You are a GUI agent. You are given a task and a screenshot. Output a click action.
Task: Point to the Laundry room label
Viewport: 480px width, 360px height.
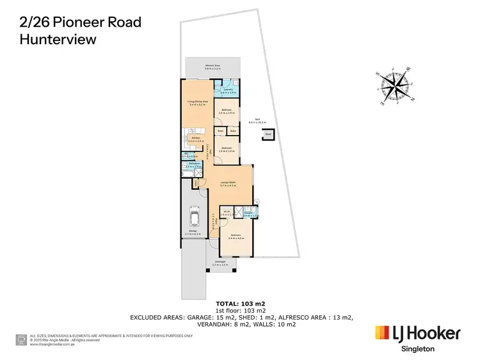coord(228,91)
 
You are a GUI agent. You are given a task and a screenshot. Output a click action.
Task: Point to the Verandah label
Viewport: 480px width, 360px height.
coord(220,262)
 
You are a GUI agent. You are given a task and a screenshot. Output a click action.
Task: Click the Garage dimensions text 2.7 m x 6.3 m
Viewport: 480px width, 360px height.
coord(193,235)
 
